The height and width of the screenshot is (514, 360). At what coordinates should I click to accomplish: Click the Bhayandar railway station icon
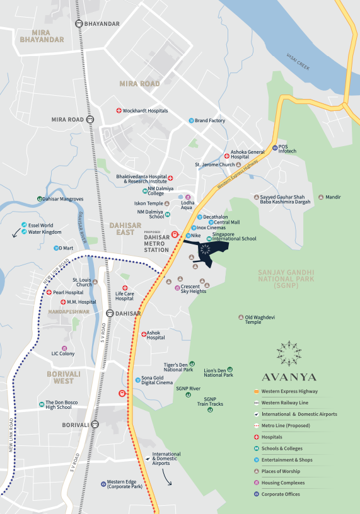[x=79, y=24]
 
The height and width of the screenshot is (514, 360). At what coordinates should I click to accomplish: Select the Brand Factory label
[x=209, y=120]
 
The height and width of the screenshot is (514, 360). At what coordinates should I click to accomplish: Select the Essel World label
[x=42, y=225]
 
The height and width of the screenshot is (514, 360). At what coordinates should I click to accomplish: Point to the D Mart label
[x=66, y=248]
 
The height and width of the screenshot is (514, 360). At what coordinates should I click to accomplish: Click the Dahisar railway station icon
[x=110, y=312]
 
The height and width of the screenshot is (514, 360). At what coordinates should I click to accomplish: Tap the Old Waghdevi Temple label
[x=262, y=319]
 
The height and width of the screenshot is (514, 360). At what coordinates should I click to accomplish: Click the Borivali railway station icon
[x=95, y=425]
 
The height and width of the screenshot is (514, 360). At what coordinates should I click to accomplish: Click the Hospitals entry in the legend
[x=272, y=437]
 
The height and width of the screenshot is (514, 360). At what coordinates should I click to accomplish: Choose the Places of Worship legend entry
[x=283, y=471]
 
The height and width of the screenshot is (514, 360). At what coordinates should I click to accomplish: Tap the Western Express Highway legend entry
[x=289, y=391]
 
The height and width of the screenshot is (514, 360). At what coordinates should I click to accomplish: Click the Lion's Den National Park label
[x=219, y=372]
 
